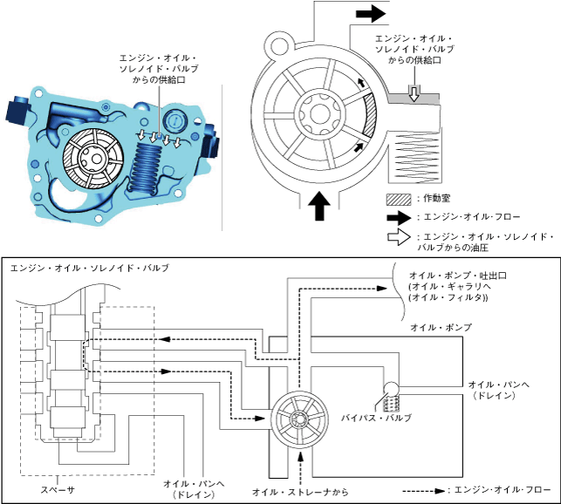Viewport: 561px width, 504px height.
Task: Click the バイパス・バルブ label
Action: pos(376,418)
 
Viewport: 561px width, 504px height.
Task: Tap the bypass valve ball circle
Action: pos(391,389)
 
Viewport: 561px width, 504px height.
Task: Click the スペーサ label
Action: pos(58,490)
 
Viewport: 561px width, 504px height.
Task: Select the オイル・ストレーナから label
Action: pos(300,492)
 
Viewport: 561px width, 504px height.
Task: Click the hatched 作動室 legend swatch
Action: pos(399,200)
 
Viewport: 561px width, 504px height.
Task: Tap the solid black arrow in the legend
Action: pos(399,217)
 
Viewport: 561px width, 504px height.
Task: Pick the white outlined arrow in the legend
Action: pos(399,237)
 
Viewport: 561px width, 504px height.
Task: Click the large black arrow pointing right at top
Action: pos(371,14)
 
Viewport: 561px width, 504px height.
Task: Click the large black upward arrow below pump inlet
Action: pos(319,206)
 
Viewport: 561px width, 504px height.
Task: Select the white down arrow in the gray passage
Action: pos(414,93)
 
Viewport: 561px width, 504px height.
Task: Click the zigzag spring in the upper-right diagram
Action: pos(416,156)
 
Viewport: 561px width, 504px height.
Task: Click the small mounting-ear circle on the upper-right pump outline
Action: pos(280,46)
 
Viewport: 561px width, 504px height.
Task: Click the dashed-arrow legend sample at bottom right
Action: pos(424,491)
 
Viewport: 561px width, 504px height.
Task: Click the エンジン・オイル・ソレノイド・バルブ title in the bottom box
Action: pos(90,268)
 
